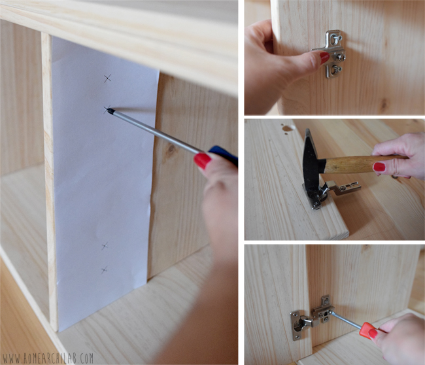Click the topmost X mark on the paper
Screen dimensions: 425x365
point(108,78)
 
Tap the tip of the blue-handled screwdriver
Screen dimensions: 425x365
point(109,109)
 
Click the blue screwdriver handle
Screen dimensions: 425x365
point(224,156)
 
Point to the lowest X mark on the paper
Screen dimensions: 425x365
point(105,269)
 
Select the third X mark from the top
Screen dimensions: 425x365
point(105,246)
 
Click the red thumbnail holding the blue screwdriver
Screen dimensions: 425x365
point(203,161)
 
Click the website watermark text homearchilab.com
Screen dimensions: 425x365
point(48,358)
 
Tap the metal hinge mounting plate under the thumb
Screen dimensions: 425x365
point(333,54)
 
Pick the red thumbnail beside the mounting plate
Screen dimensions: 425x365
point(325,58)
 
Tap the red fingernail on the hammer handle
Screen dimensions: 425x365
point(379,167)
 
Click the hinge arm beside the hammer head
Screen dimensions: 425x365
point(345,187)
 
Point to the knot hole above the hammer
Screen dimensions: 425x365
point(286,129)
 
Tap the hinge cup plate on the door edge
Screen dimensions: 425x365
point(296,325)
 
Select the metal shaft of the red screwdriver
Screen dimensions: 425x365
point(346,319)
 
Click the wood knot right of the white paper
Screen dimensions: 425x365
point(171,149)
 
